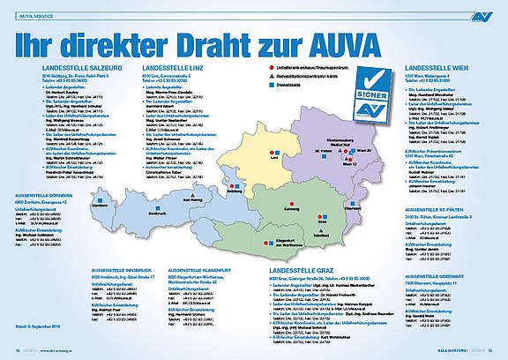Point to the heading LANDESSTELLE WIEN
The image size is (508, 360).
click(436, 68)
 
